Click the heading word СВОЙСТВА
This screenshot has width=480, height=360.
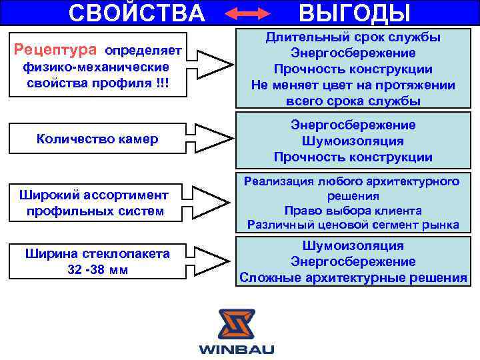137,12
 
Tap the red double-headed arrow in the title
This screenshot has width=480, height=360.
248,13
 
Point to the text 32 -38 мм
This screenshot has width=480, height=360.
97,270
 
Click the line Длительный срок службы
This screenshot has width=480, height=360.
353,37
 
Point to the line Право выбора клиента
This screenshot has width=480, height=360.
353,211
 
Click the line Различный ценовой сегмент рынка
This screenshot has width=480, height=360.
353,225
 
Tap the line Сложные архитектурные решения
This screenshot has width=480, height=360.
353,277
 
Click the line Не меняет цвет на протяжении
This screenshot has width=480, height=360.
353,85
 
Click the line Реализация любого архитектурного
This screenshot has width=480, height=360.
353,181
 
